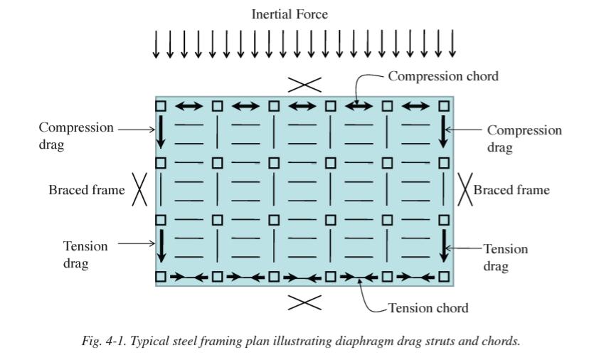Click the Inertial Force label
click(x=290, y=14)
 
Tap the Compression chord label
click(x=442, y=76)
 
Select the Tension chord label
click(x=428, y=308)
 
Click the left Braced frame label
click(x=86, y=190)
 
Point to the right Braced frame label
click(x=511, y=190)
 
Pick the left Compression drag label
click(x=75, y=136)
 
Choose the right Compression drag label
click(x=524, y=139)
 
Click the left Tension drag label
click(x=85, y=255)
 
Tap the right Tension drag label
click(x=506, y=257)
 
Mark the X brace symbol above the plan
click(x=304, y=85)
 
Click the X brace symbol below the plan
click(x=304, y=302)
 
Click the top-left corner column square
click(x=161, y=106)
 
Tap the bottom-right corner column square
click(x=445, y=276)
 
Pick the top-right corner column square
click(x=445, y=106)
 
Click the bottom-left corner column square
click(x=161, y=276)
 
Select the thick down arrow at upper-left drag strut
click(x=161, y=132)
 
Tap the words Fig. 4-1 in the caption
click(x=98, y=341)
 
